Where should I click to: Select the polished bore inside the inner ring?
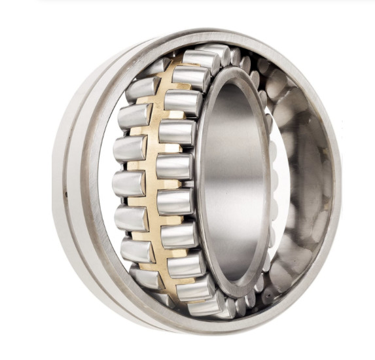pyautogui.click(x=232, y=183)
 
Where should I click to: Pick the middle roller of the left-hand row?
pyautogui.click(x=129, y=184)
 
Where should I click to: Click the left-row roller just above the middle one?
pyautogui.click(x=130, y=149)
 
